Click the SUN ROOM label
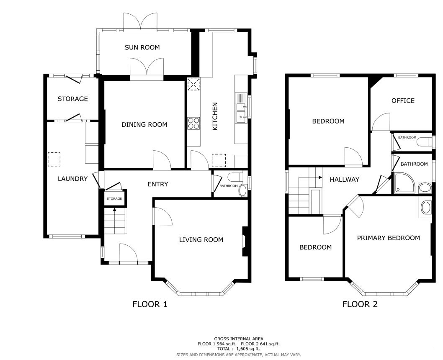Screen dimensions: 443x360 [142, 47]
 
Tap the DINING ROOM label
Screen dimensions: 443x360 [144, 124]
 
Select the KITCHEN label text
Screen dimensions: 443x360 [215, 116]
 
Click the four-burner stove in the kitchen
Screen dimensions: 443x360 [193, 123]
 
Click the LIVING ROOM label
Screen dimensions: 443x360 [201, 240]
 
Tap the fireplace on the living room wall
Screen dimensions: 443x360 [245, 242]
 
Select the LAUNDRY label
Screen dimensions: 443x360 [72, 179]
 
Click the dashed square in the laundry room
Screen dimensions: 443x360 [54, 159]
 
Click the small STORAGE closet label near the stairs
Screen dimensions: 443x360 [114, 198]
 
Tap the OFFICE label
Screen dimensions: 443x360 [403, 101]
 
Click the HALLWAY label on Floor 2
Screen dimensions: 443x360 [345, 179]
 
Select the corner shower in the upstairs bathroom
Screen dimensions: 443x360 [404, 183]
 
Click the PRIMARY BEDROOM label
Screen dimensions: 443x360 [388, 238]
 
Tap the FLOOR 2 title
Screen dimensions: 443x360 [360, 304]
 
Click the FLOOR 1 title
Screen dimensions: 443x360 [150, 304]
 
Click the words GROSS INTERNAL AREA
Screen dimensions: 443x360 [238, 339]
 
